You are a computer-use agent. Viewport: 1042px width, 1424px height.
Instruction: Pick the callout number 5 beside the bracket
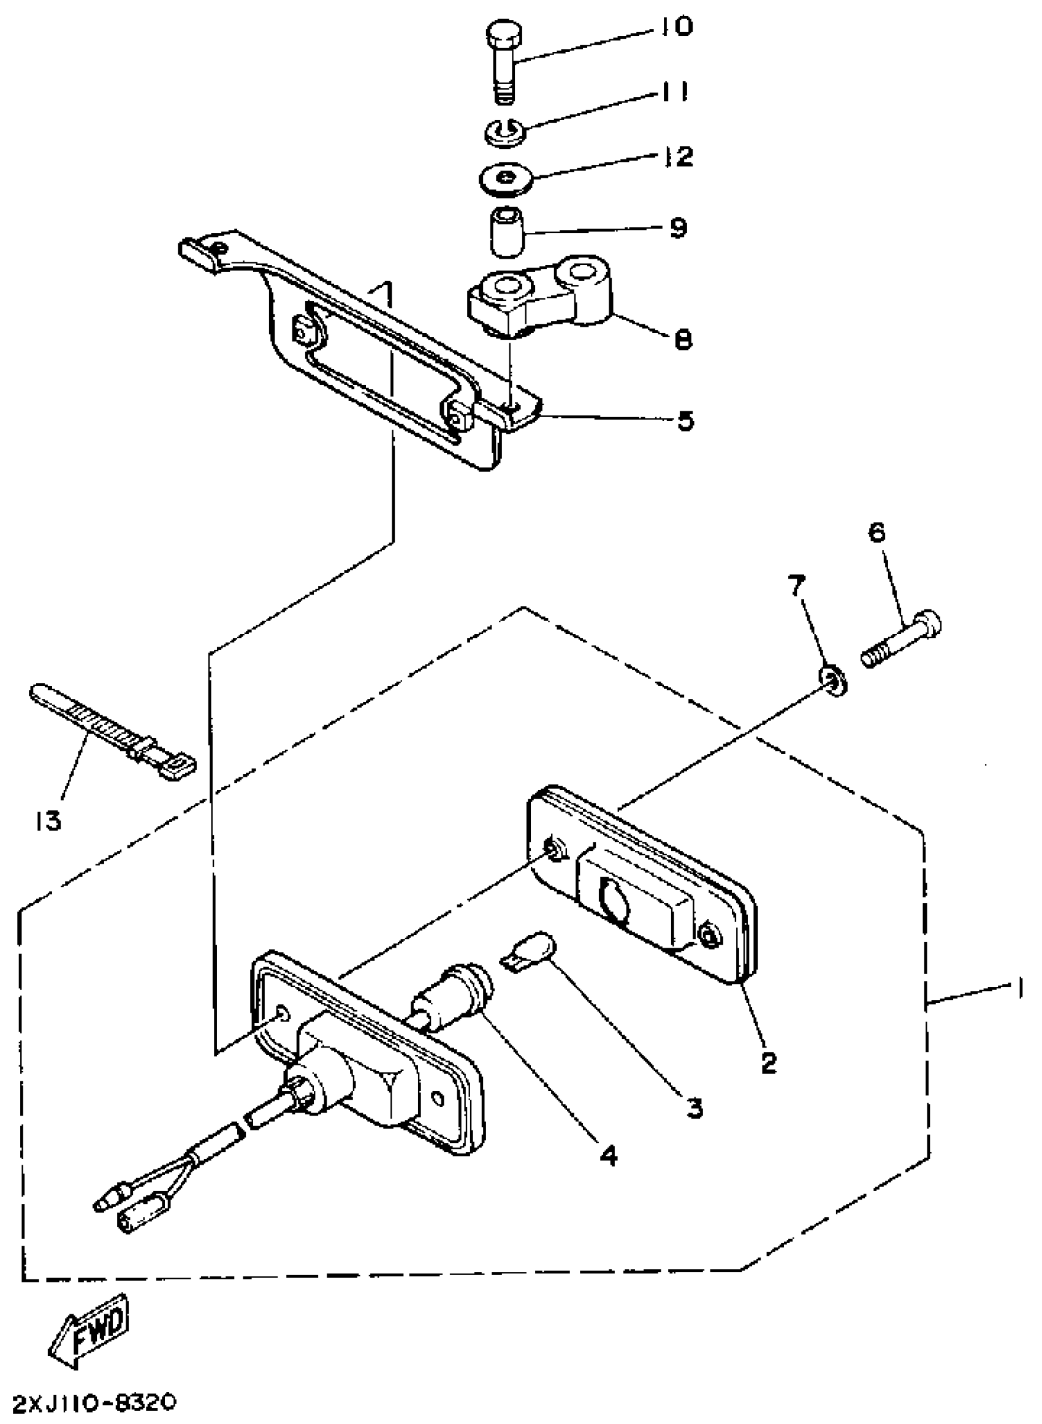point(685,420)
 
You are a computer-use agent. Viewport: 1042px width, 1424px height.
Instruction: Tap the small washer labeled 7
point(833,681)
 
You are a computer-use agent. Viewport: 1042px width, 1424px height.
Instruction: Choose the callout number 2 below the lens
point(768,1062)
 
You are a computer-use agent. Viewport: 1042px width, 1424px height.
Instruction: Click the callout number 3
point(694,1107)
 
